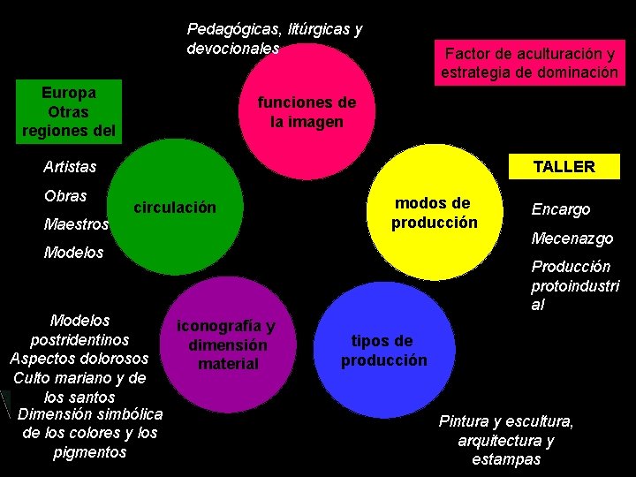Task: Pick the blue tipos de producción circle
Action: [x=385, y=350]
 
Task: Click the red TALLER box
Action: [x=564, y=166]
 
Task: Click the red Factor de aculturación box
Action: [x=530, y=63]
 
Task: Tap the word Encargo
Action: [x=561, y=209]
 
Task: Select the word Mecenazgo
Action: [x=572, y=238]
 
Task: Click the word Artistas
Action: [x=70, y=166]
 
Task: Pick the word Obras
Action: [x=65, y=195]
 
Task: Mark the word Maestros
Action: [x=76, y=224]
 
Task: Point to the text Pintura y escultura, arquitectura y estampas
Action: [x=506, y=440]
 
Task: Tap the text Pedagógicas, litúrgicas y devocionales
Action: [x=274, y=38]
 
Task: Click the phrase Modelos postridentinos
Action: [x=79, y=329]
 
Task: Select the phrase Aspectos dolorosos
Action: [x=79, y=359]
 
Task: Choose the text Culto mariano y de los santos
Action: [x=79, y=387]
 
